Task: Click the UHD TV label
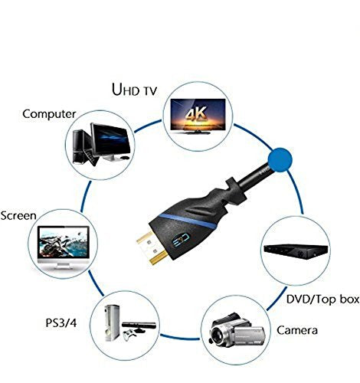click(x=134, y=90)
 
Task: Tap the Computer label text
click(x=49, y=114)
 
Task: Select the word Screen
click(x=18, y=216)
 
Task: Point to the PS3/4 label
click(x=61, y=323)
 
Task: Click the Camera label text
click(x=297, y=330)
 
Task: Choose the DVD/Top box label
click(x=322, y=300)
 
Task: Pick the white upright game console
click(x=113, y=323)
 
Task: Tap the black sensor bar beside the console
click(x=139, y=326)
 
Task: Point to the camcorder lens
click(x=218, y=335)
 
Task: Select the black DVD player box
click(x=296, y=250)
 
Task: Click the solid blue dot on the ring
click(x=280, y=160)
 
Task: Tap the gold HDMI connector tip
click(x=151, y=248)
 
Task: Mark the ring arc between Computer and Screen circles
click(x=84, y=196)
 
